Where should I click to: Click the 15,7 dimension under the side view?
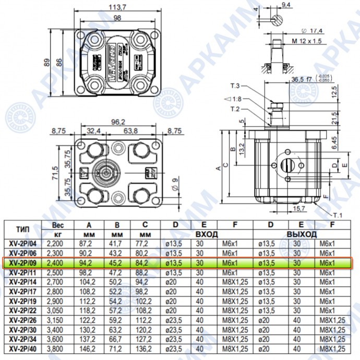299,208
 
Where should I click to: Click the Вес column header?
57,225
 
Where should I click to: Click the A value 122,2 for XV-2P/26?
87,321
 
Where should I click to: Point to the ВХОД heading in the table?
206,235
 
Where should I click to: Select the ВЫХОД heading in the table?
302,235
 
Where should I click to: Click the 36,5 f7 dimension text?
302,79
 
